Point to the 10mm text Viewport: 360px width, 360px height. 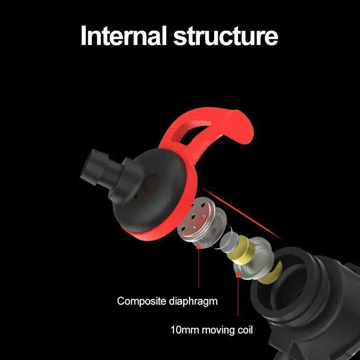point(184,330)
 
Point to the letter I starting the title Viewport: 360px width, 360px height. point(83,36)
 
